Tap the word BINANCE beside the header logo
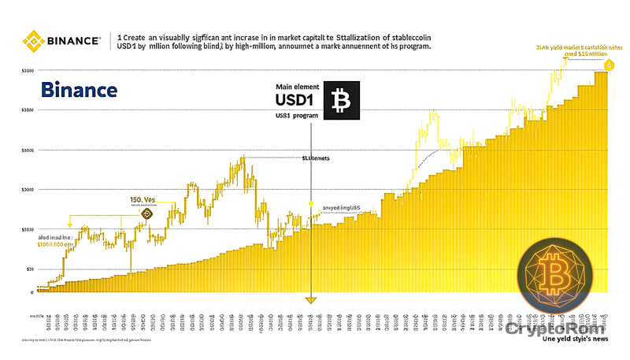tap(72, 39)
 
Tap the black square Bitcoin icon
tap(341, 100)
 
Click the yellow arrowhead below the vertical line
tap(312, 299)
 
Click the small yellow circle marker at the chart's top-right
tap(609, 63)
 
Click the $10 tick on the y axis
tap(30, 269)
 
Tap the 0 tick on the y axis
tap(31, 292)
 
